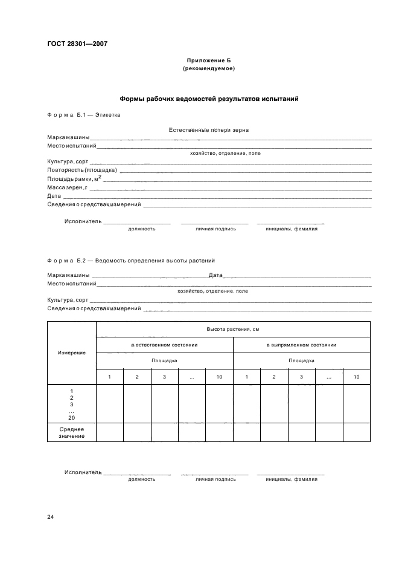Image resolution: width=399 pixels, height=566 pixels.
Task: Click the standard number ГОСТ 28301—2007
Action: pos(77,43)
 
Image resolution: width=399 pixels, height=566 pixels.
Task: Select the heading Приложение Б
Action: pos(208,61)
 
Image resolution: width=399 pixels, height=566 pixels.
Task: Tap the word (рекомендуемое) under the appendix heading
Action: pos(208,68)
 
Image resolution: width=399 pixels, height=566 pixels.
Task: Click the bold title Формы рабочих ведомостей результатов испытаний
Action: pos(208,98)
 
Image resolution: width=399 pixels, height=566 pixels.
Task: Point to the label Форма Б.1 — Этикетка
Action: pos(84,114)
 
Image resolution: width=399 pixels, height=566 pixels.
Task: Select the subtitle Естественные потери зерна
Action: pos(209,129)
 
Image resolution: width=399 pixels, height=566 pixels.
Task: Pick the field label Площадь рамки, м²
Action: pos(74,179)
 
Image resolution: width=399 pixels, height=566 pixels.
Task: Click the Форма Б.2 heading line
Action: pos(131,261)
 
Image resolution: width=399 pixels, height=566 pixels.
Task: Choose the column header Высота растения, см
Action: pos(232,329)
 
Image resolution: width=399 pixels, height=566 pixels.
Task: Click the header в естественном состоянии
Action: pos(164,345)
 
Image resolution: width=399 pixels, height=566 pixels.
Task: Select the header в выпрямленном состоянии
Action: pos(301,345)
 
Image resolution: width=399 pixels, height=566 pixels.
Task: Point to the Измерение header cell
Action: pos(71,352)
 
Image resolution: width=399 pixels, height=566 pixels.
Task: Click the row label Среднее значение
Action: pos(71,432)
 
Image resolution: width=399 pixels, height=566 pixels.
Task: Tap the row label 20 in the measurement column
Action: pos(71,417)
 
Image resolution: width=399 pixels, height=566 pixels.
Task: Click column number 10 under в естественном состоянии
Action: pos(219,377)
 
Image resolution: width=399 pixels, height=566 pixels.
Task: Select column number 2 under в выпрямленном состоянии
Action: pos(274,377)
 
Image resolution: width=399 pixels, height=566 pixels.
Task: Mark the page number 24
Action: pos(51,517)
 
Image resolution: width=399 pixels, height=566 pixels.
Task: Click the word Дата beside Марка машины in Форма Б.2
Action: pos(215,275)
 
